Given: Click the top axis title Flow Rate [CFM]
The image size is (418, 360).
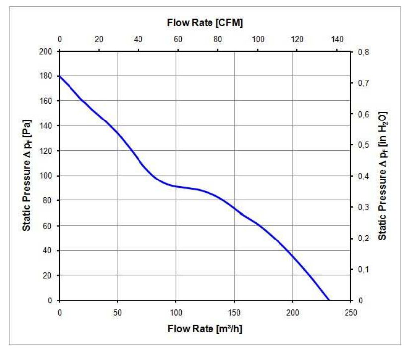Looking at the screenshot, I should [205, 23].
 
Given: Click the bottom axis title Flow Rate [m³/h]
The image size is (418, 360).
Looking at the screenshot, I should [205, 328].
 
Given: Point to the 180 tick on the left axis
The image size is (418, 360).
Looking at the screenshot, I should [48, 76].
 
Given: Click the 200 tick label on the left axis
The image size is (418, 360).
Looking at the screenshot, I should [48, 51].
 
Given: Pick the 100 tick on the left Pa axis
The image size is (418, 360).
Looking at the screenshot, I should [48, 176].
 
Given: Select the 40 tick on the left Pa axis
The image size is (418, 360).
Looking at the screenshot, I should [50, 250].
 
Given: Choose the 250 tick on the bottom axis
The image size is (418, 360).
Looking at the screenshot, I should [351, 313].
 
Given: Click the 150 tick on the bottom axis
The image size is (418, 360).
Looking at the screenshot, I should [234, 313].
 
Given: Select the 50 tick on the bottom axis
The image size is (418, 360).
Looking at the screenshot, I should [118, 313].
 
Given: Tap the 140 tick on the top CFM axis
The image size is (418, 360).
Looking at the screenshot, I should [337, 39].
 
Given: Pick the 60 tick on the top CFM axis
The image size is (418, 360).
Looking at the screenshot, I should [178, 39].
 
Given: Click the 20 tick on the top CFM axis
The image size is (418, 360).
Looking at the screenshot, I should [99, 39].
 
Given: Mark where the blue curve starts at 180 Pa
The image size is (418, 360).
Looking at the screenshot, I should [60, 76].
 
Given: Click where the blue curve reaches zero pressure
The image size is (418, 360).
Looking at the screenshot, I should [329, 300].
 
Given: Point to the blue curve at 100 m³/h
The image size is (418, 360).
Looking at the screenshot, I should [176, 186].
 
